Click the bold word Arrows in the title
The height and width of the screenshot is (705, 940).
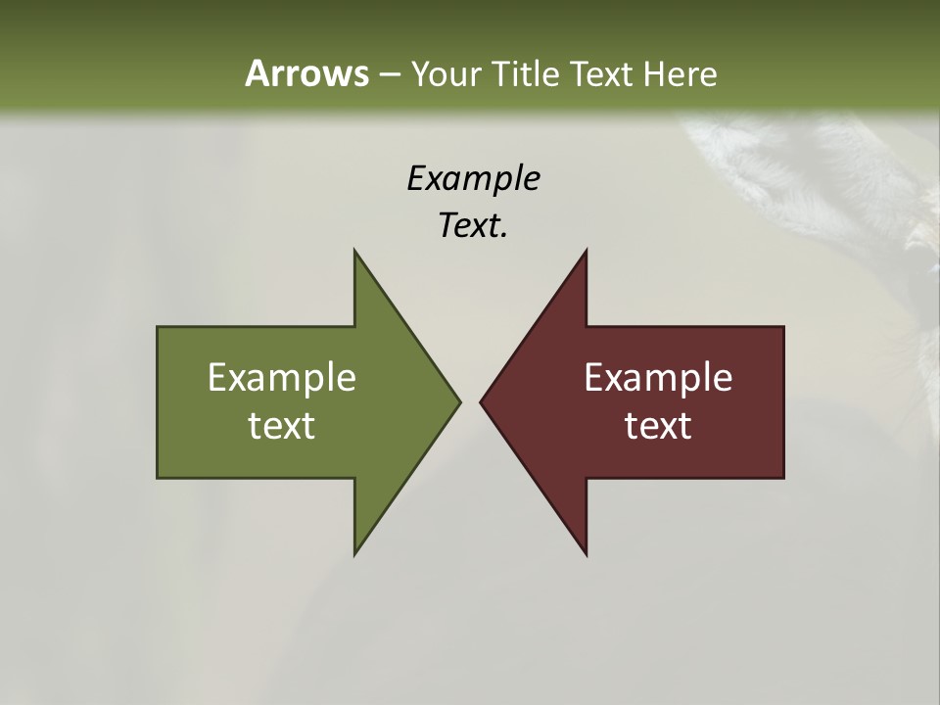coord(305,73)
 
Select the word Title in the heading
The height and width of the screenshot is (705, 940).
coord(529,73)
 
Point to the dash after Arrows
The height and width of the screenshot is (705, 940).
coord(389,74)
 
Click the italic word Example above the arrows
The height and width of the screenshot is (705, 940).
coord(473,178)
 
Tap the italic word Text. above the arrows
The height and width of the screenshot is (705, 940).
coord(473,225)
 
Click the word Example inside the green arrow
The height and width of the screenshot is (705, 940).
coord(282,377)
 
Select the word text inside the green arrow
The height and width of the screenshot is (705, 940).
coord(282,425)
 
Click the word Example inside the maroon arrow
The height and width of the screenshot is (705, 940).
coord(658,377)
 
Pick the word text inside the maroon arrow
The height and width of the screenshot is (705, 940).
coord(658,425)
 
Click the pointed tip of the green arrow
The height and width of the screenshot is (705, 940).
coord(459,401)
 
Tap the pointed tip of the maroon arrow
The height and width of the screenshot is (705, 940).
coord(481,401)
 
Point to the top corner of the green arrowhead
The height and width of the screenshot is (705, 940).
coord(354,250)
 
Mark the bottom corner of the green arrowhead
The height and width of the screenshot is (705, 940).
coord(354,554)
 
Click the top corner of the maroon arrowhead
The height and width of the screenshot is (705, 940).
coord(587,250)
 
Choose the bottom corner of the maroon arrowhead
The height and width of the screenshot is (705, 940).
coord(587,555)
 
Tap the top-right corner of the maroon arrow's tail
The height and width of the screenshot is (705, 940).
coord(783,327)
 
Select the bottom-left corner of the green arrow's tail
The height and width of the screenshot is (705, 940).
coord(158,478)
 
